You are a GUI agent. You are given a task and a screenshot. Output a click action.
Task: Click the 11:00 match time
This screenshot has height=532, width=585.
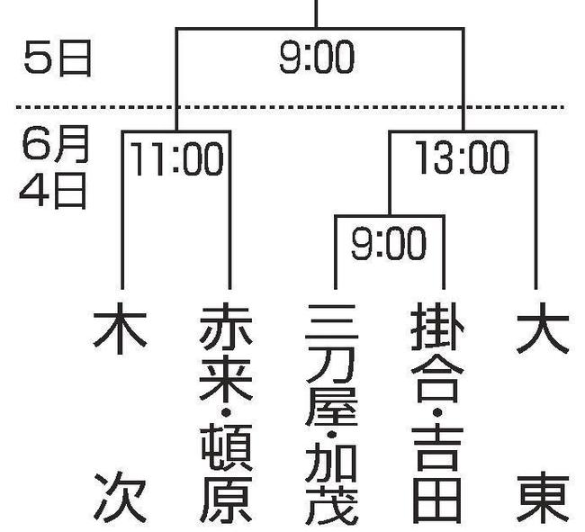click(176, 159)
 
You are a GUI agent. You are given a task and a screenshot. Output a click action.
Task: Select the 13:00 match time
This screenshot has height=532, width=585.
click(462, 158)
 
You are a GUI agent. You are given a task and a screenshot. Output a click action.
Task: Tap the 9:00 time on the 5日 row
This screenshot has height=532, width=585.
click(317, 58)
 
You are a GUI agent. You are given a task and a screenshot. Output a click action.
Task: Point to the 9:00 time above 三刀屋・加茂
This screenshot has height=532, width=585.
click(389, 244)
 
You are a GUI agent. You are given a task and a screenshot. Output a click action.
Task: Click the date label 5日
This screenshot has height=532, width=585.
click(58, 58)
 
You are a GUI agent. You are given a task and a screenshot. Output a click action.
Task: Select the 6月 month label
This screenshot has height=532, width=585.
click(55, 144)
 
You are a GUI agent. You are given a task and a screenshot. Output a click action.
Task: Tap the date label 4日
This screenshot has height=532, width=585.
click(53, 190)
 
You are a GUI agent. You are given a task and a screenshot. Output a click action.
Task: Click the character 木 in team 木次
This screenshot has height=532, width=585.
click(120, 328)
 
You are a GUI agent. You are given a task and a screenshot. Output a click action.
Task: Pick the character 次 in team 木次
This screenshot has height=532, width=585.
click(120, 496)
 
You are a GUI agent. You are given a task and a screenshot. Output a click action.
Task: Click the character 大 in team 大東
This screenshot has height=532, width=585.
click(543, 328)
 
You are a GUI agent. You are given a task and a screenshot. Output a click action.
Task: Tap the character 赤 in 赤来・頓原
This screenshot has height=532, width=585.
click(226, 329)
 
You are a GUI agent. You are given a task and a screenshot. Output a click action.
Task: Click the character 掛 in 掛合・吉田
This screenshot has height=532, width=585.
click(438, 327)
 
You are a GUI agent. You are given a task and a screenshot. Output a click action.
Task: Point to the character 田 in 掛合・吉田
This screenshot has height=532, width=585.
click(436, 501)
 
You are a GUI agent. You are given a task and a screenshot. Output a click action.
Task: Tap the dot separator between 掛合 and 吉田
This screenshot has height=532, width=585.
click(437, 412)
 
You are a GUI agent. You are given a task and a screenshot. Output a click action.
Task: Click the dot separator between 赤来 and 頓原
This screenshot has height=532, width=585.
click(225, 412)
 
